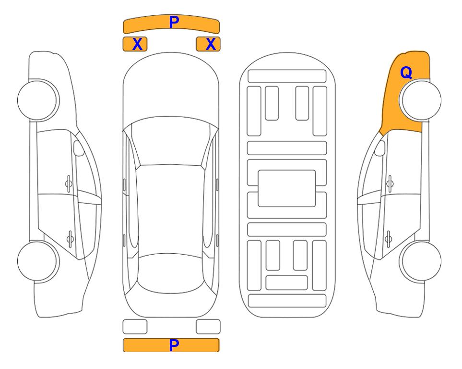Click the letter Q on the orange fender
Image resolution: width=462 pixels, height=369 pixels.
point(406,73)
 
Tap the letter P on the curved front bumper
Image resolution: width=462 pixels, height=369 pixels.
point(174,22)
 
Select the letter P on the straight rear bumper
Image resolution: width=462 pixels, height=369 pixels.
point(174,345)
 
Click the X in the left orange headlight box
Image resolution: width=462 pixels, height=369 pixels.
point(138,44)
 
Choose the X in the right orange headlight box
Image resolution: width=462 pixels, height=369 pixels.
point(211,44)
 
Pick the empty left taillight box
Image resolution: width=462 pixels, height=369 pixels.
point(135,327)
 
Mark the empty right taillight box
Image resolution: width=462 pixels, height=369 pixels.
point(208,327)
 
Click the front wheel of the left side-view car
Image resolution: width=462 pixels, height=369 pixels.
point(38,100)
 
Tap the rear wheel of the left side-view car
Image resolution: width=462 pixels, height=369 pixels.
point(38,261)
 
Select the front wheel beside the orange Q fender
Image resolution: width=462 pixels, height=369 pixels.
point(420,100)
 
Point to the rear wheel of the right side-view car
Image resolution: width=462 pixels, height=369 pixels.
point(420,261)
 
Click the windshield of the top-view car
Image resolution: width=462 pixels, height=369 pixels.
point(171,142)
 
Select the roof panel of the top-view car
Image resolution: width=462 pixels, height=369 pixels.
point(171,211)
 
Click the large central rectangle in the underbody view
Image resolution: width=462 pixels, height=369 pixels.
point(287,188)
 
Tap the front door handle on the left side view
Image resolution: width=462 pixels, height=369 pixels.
point(69,184)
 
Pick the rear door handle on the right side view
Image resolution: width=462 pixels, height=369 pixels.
point(389,238)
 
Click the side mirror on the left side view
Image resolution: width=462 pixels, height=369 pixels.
point(79,148)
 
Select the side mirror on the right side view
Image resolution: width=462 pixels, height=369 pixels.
point(380,148)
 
